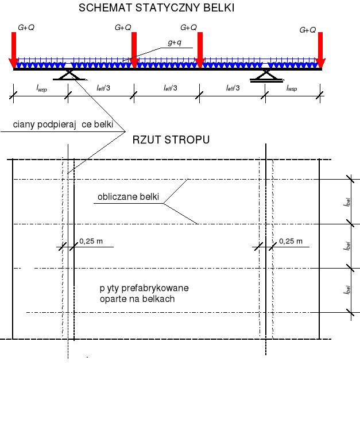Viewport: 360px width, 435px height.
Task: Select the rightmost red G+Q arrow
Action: [320, 50]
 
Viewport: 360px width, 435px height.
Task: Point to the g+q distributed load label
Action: [174, 42]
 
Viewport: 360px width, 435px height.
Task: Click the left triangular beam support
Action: [68, 75]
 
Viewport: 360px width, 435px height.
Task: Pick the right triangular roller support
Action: [265, 75]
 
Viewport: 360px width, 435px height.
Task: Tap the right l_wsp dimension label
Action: [292, 87]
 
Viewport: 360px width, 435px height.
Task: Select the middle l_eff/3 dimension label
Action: [170, 87]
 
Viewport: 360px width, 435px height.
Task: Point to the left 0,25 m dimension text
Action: [91, 241]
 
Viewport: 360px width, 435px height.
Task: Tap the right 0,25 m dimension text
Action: [290, 241]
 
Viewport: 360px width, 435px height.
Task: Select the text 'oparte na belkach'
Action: [136, 299]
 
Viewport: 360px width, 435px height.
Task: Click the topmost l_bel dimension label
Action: [347, 202]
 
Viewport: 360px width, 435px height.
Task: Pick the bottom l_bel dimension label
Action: [347, 290]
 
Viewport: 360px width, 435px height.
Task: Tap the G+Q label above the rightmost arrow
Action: [308, 30]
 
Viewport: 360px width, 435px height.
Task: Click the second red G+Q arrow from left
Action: [134, 50]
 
